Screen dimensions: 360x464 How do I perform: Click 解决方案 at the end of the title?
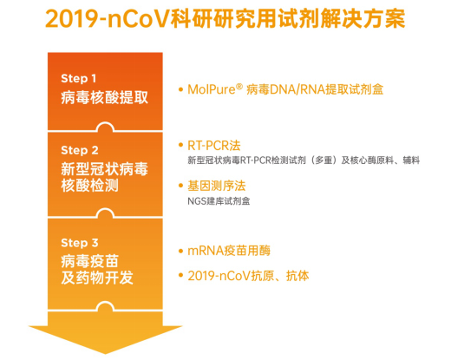369,19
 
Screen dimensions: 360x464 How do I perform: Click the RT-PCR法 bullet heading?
217,144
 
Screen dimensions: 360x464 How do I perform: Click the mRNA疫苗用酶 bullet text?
229,250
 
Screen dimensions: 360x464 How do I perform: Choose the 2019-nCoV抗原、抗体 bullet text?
247,276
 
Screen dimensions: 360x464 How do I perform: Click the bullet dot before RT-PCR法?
180,144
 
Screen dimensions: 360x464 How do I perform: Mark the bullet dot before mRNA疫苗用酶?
180,251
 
